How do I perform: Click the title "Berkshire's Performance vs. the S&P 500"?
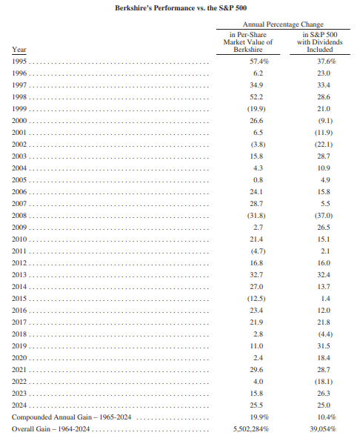pos(181,8)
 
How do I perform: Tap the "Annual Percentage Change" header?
pos(283,24)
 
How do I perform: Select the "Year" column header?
pos(19,50)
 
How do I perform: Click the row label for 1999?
pos(19,108)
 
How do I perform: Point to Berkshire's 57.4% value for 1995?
pos(259,61)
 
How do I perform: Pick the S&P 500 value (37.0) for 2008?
pos(324,216)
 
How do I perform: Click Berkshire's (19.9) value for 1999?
pos(256,108)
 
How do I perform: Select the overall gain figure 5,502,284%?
pos(251,429)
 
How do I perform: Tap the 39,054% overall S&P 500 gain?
pos(323,429)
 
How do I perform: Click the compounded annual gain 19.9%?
pos(259,417)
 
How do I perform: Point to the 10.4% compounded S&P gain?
pos(327,417)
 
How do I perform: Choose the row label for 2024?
pos(19,405)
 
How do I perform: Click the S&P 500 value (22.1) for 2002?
pos(324,145)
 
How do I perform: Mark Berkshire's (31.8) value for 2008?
pos(256,216)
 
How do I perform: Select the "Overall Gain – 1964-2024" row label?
pos(50,429)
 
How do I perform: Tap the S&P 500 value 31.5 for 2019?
pos(324,345)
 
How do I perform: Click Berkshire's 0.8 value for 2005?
pos(258,179)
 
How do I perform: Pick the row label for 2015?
pos(19,298)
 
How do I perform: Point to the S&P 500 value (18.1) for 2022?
pos(324,382)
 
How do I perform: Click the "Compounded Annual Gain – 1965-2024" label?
pos(71,417)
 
